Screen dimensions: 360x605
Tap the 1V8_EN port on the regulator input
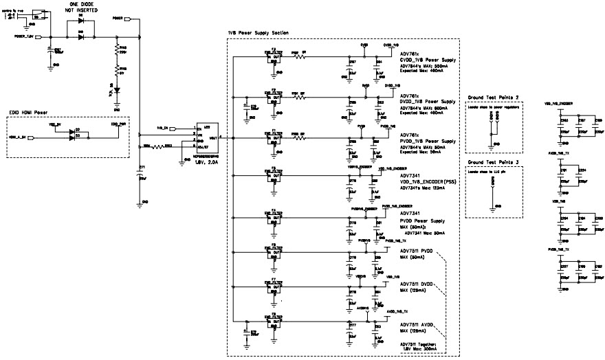click(163, 128)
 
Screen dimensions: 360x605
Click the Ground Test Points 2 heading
click(493, 98)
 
